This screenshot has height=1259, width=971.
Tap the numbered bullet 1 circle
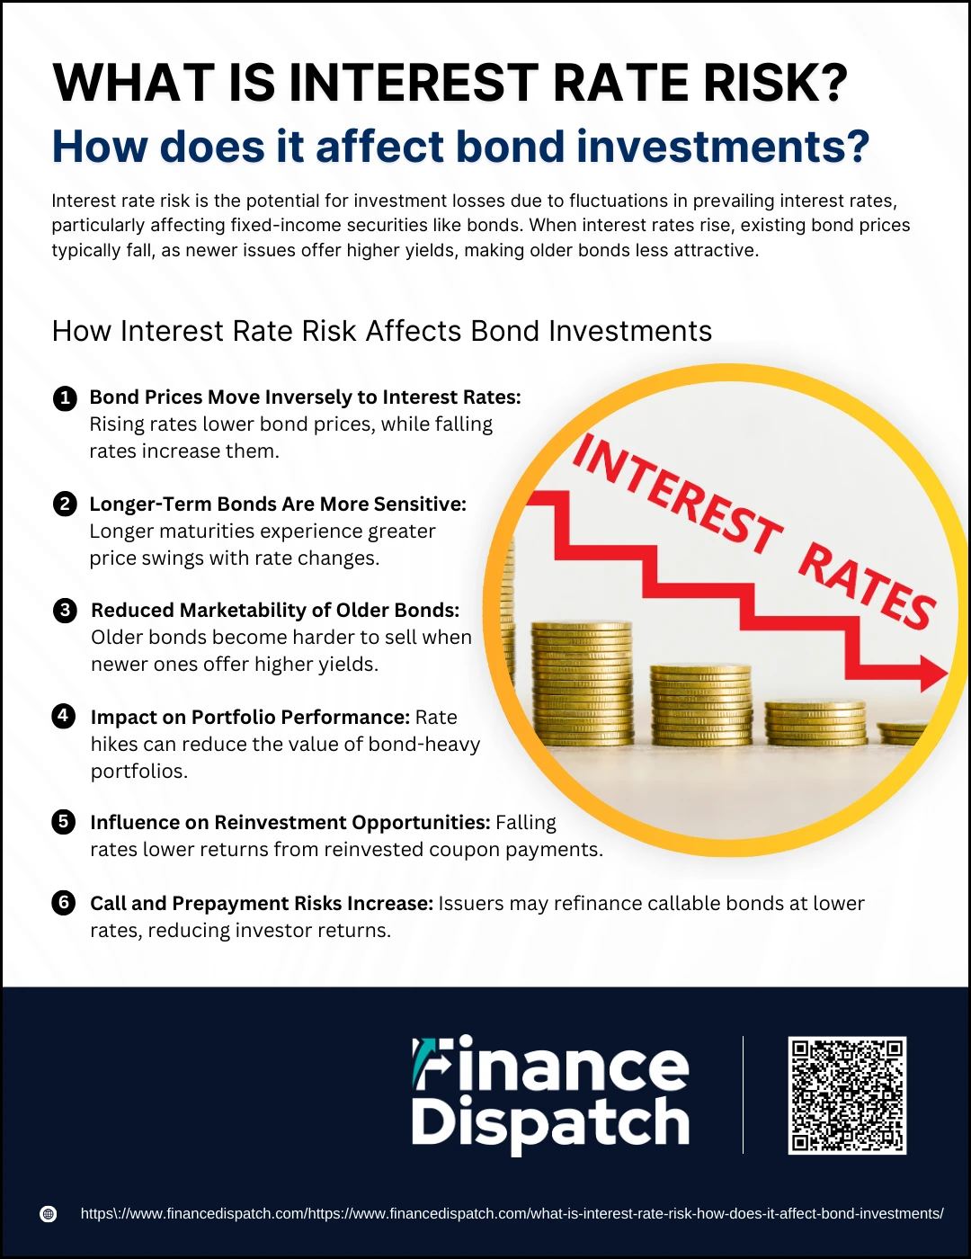65,398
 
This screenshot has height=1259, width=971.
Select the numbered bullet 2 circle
65,504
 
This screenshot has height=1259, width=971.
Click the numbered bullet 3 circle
65,611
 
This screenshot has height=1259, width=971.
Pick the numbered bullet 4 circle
64,716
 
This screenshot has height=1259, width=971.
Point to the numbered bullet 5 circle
64,822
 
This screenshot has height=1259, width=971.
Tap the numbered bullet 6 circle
64,903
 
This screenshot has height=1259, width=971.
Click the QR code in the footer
847,1095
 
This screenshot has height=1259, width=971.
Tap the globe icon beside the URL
48,1214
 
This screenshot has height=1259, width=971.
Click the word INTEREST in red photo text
676,495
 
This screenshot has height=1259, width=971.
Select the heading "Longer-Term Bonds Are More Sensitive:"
278,504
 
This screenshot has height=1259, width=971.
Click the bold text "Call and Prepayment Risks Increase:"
262,903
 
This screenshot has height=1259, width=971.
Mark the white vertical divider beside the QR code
743,1094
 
